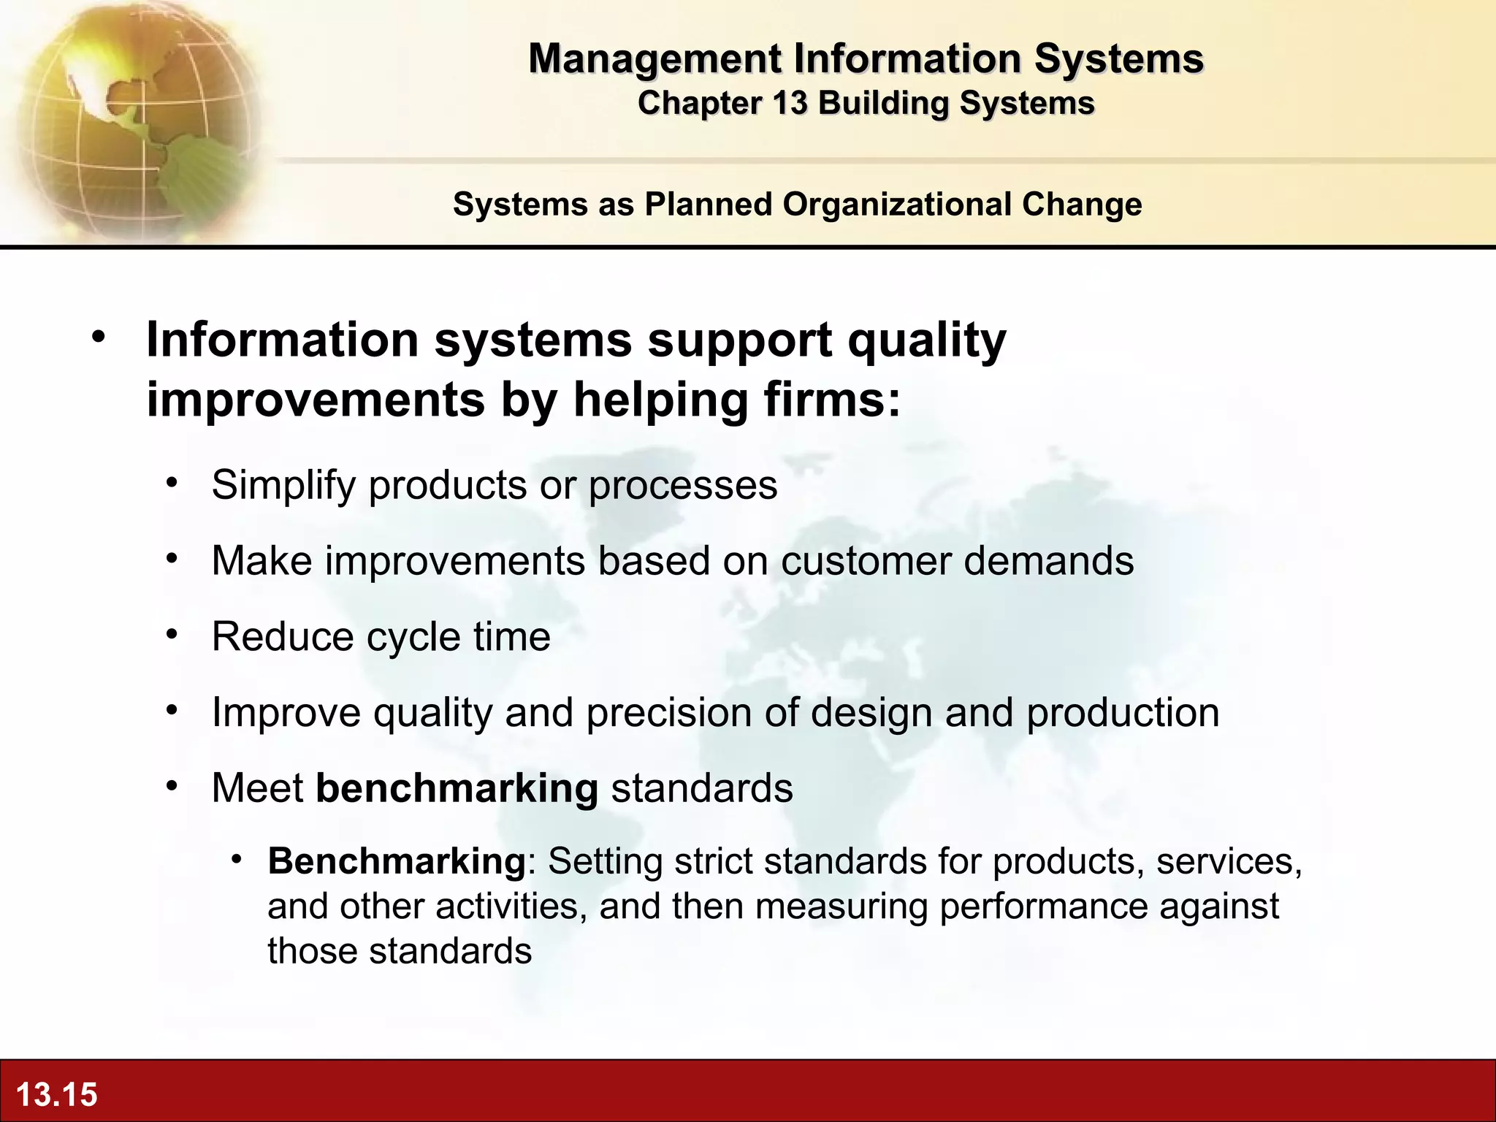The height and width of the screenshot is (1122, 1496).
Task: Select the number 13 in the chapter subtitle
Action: tap(790, 103)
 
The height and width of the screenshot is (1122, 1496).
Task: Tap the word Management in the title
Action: tap(654, 58)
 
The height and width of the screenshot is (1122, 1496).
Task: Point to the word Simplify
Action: tap(283, 485)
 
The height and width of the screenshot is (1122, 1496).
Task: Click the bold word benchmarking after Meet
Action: tap(457, 788)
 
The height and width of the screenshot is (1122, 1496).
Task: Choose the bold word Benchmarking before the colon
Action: tap(397, 861)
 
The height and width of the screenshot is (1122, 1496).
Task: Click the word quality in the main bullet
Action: tap(926, 340)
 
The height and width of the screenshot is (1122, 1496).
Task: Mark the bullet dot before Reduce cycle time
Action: tap(172, 634)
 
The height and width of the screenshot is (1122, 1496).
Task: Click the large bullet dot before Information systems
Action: tap(99, 337)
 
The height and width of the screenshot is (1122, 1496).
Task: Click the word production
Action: tap(1123, 712)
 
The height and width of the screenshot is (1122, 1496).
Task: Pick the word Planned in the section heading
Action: tap(708, 204)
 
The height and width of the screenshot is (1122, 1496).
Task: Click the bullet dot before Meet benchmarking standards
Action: tap(172, 786)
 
